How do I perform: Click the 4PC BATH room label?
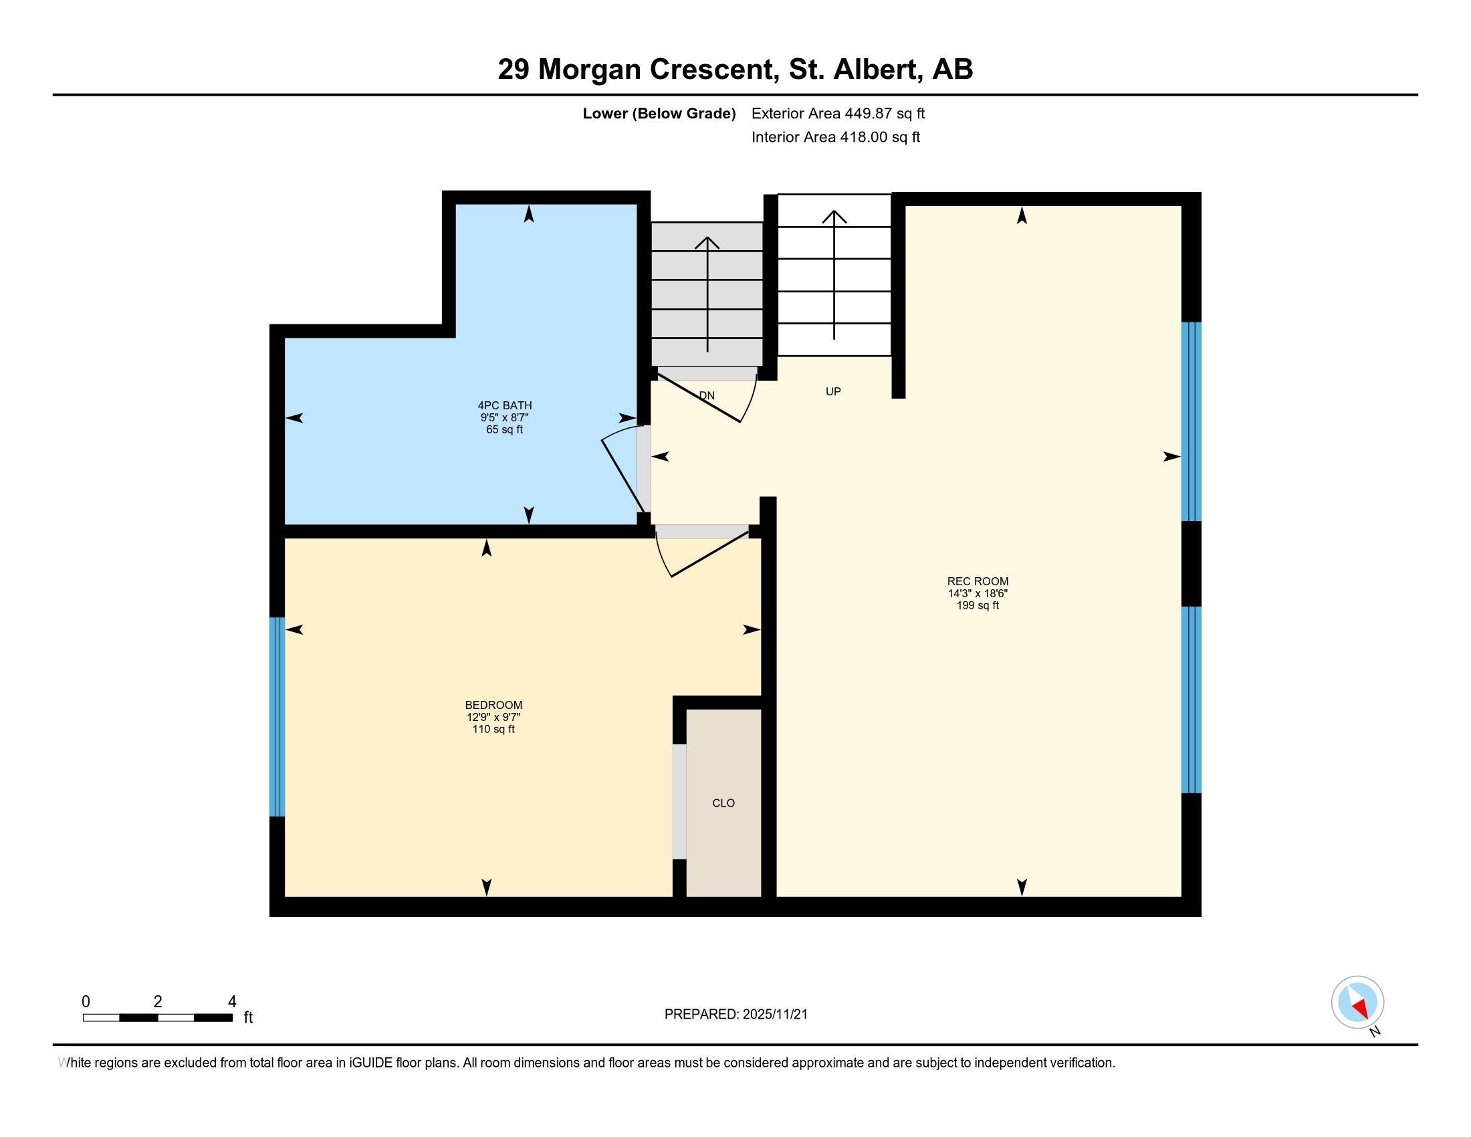coord(504,405)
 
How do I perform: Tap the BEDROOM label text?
coord(493,705)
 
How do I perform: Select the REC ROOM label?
coord(978,581)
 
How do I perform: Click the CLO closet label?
coord(723,803)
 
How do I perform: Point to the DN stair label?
coord(707,395)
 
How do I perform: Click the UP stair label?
coord(833,391)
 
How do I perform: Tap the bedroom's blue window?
coord(277,716)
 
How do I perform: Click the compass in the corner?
coord(1357,1003)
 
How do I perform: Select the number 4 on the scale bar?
coord(232,1001)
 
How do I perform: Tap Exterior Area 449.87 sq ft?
coord(838,113)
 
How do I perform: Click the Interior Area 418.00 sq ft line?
coord(835,136)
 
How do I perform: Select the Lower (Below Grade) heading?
coord(659,113)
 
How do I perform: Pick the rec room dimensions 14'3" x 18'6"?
coord(978,593)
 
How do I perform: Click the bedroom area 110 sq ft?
coord(493,729)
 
